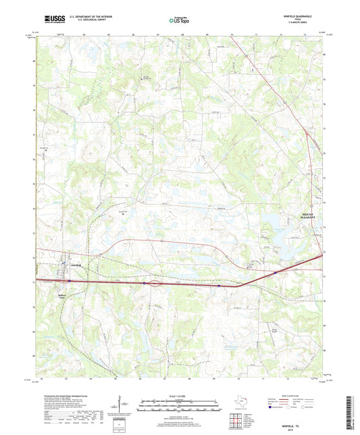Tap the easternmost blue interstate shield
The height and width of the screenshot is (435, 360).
(276, 273)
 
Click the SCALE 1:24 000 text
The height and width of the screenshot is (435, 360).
(179, 396)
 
